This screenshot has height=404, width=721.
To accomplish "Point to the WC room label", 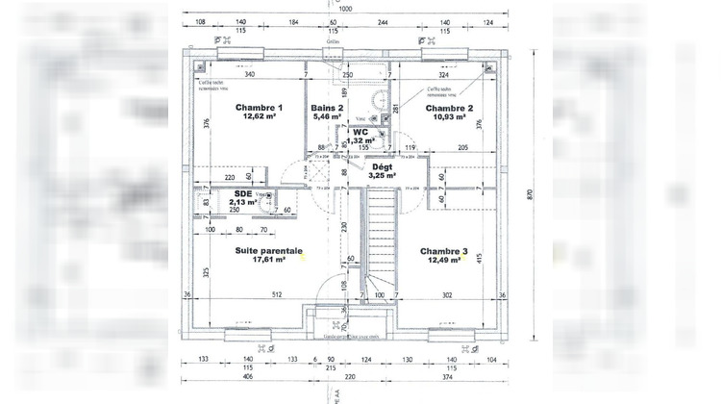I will (360, 133).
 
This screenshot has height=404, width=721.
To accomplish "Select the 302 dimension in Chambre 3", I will (446, 295).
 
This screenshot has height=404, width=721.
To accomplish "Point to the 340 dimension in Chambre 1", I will (249, 74).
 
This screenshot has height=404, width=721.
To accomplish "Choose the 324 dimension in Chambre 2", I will (443, 74).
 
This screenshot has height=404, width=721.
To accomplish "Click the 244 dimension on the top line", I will (383, 20).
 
